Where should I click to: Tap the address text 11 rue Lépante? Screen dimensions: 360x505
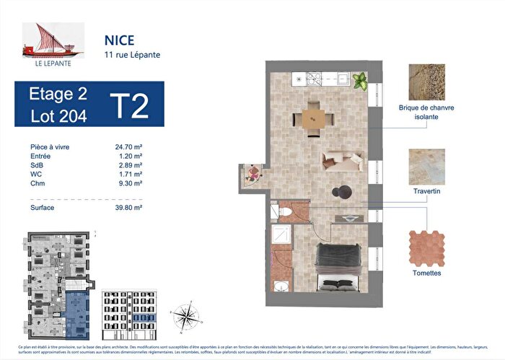tap(128, 54)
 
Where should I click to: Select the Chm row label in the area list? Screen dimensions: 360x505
tap(38, 185)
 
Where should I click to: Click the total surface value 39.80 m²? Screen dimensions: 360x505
tap(128, 208)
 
